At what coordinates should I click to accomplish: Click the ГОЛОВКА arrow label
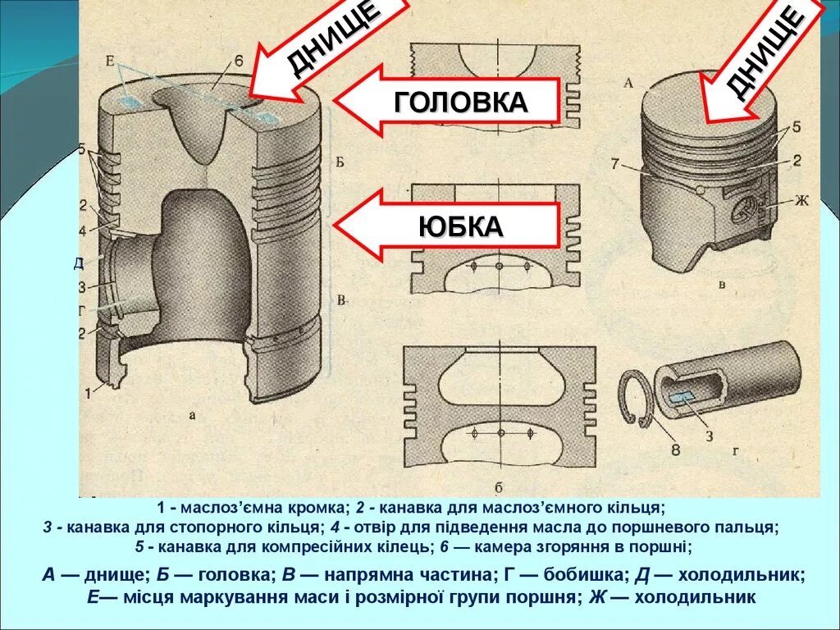tap(459, 102)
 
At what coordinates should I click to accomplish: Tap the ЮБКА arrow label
tap(459, 226)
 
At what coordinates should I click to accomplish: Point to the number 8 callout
tap(674, 449)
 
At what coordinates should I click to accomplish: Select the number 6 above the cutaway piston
tap(238, 62)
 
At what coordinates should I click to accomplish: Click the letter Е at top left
tap(110, 61)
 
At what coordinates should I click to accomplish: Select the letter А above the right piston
tap(629, 82)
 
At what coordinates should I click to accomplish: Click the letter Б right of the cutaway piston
tap(340, 161)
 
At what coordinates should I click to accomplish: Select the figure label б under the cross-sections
tap(500, 483)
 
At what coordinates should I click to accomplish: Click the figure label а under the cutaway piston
tap(192, 416)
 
